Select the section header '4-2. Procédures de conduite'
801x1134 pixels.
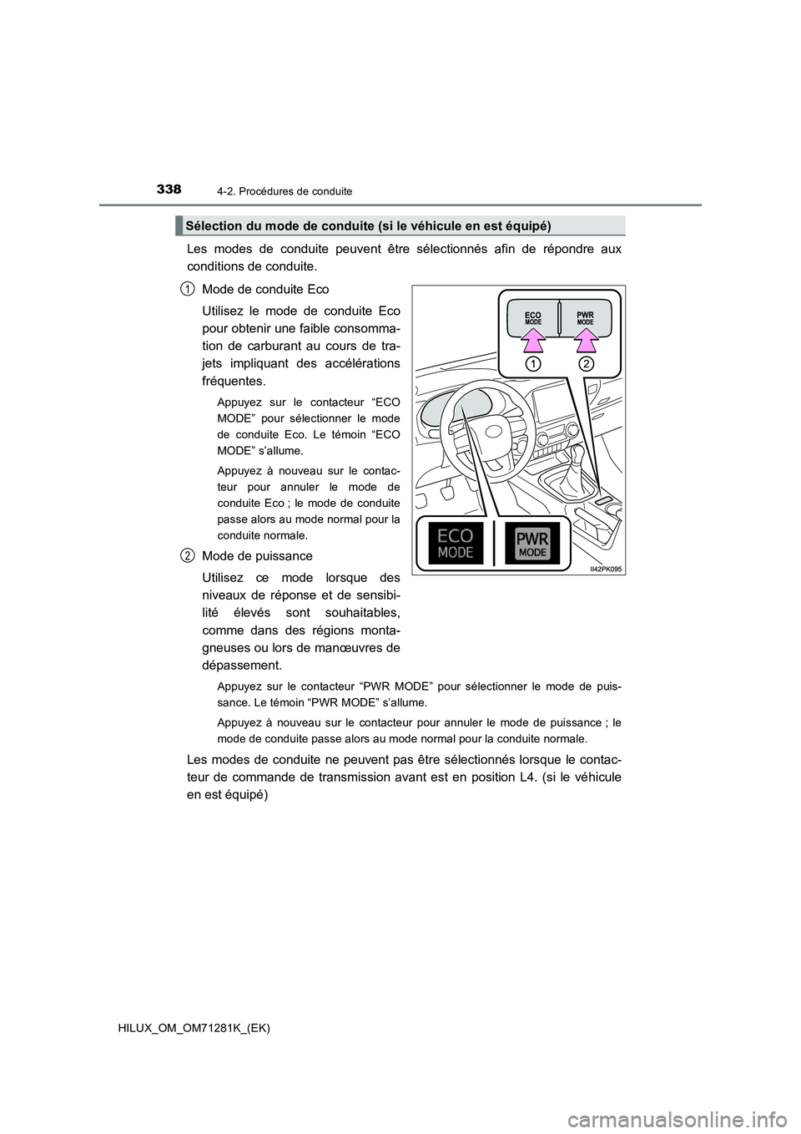(x=290, y=191)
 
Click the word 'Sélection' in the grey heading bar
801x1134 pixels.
(x=213, y=226)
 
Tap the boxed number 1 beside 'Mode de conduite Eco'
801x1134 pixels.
(x=189, y=289)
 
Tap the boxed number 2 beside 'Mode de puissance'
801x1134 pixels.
(x=189, y=555)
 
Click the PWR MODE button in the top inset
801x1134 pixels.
(x=585, y=318)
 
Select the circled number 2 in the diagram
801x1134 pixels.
(x=586, y=364)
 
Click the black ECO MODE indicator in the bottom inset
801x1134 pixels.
(x=456, y=543)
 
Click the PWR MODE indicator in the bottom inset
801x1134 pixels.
(x=533, y=544)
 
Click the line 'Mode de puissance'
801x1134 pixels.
(x=257, y=556)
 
